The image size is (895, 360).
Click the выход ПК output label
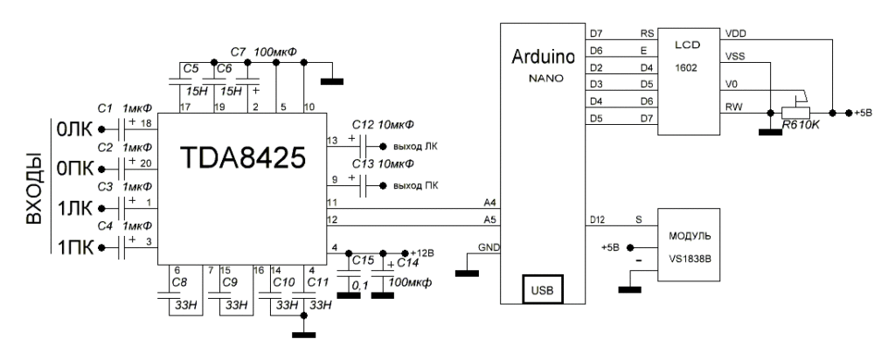(x=415, y=184)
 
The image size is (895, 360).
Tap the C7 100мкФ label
(x=263, y=52)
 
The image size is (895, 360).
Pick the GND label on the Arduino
(x=488, y=248)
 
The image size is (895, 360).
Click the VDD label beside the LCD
(x=736, y=33)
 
